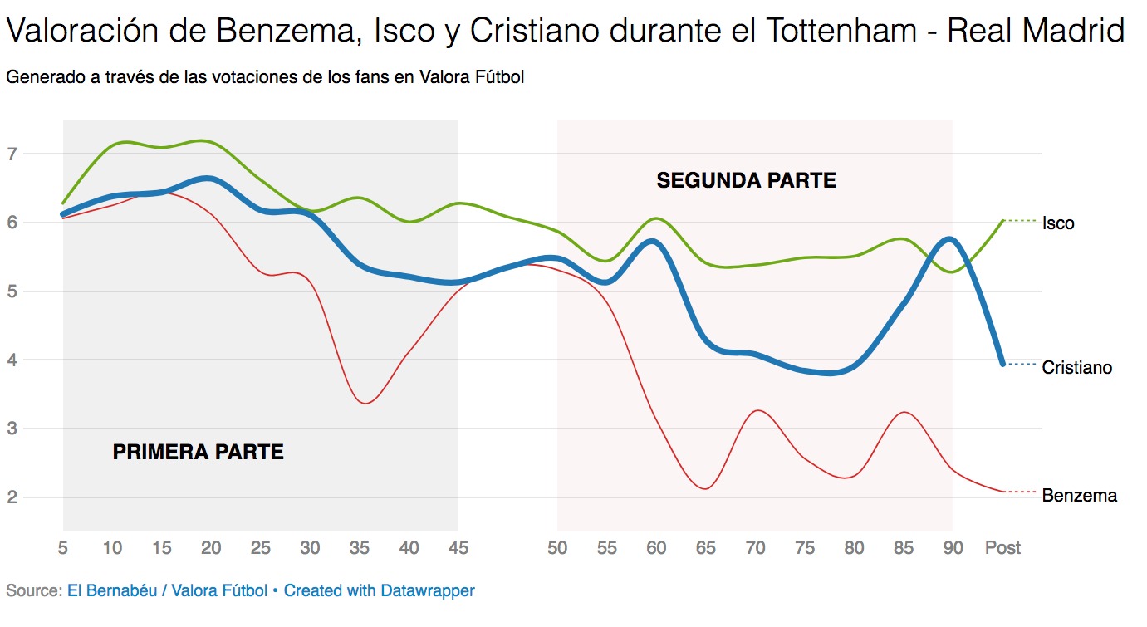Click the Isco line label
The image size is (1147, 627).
point(1057,223)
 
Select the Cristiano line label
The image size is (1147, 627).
point(1076,367)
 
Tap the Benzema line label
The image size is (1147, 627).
point(1079,496)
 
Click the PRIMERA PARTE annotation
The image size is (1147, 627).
point(198,453)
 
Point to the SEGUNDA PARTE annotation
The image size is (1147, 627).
point(746,180)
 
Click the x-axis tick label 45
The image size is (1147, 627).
point(458,548)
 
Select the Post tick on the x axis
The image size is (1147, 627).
point(1002,548)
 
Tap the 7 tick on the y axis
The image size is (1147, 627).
point(12,154)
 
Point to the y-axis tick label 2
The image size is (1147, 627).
point(12,497)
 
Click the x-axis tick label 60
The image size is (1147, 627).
point(656,548)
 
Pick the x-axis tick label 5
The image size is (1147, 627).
point(63,548)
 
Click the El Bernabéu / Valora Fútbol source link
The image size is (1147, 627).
point(167,591)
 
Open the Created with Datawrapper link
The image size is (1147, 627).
point(380,591)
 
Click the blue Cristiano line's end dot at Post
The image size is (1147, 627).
point(1002,364)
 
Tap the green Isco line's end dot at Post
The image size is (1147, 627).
point(1002,221)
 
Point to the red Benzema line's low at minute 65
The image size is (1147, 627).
point(704,488)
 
